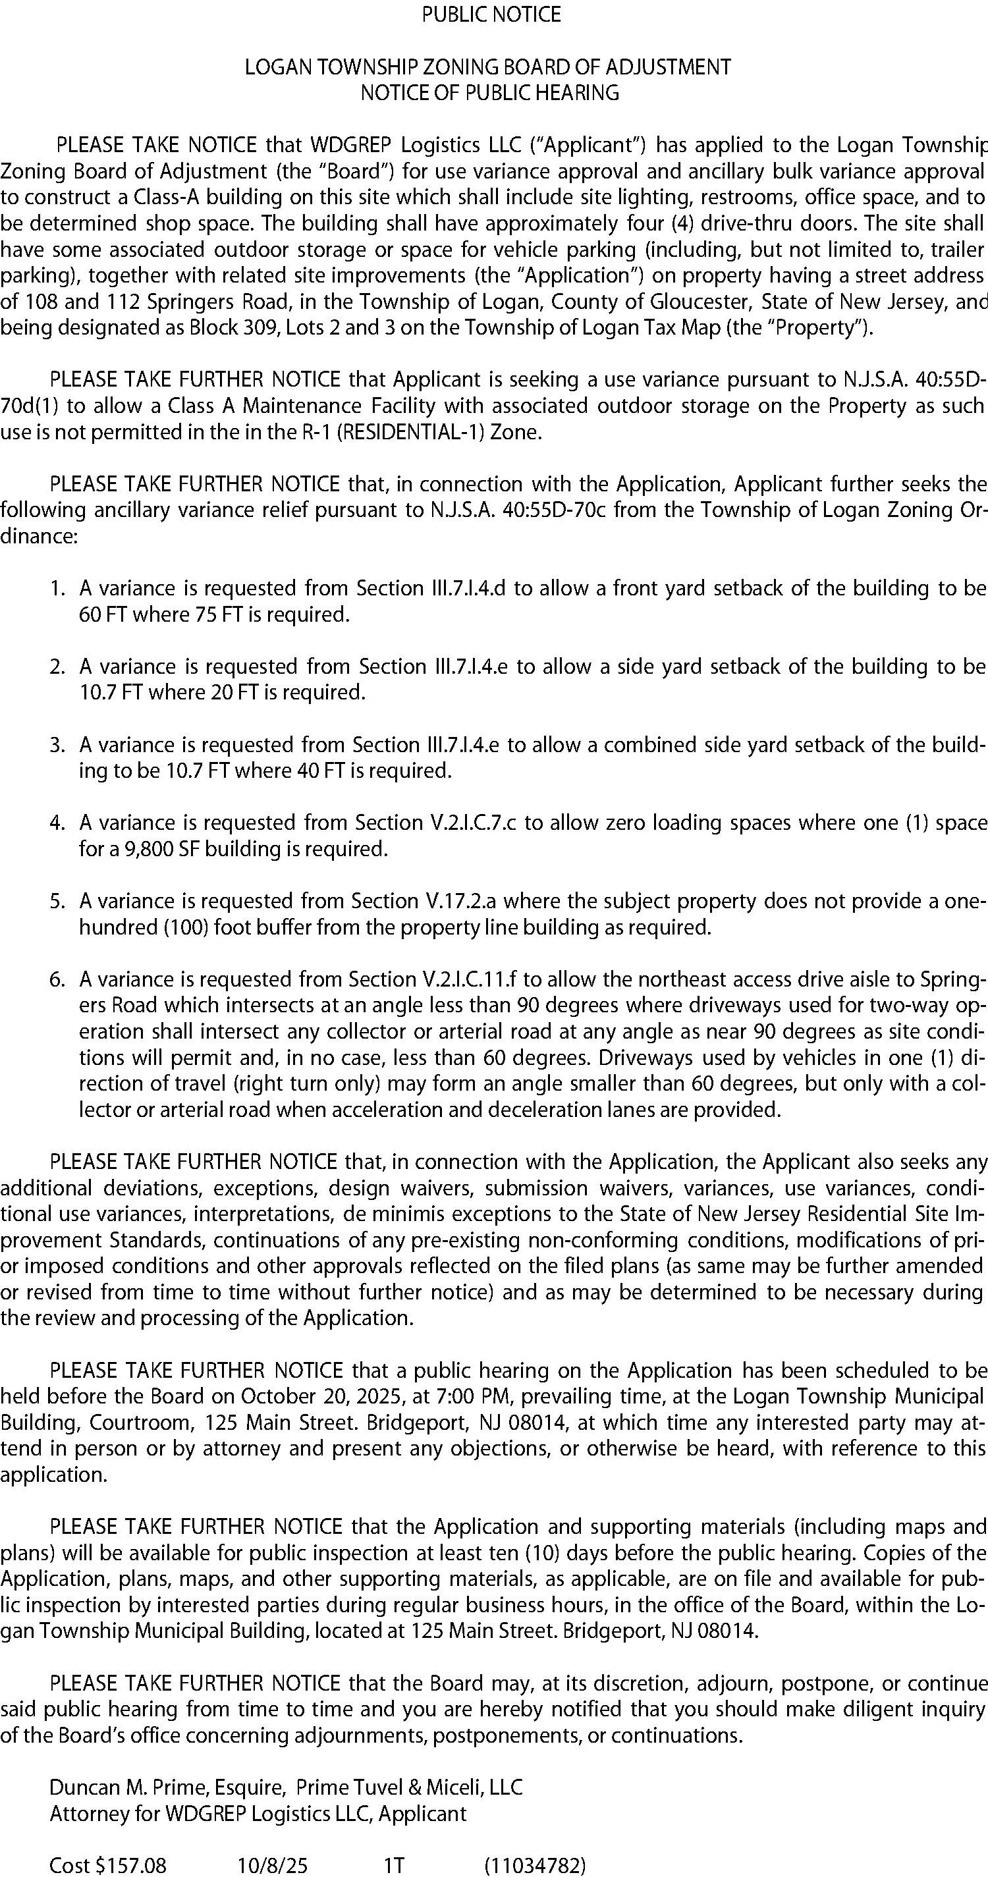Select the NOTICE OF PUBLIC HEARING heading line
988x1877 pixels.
click(x=489, y=94)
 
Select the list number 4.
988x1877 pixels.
click(x=57, y=823)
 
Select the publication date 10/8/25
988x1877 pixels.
click(x=273, y=1865)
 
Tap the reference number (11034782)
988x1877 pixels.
click(x=535, y=1865)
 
